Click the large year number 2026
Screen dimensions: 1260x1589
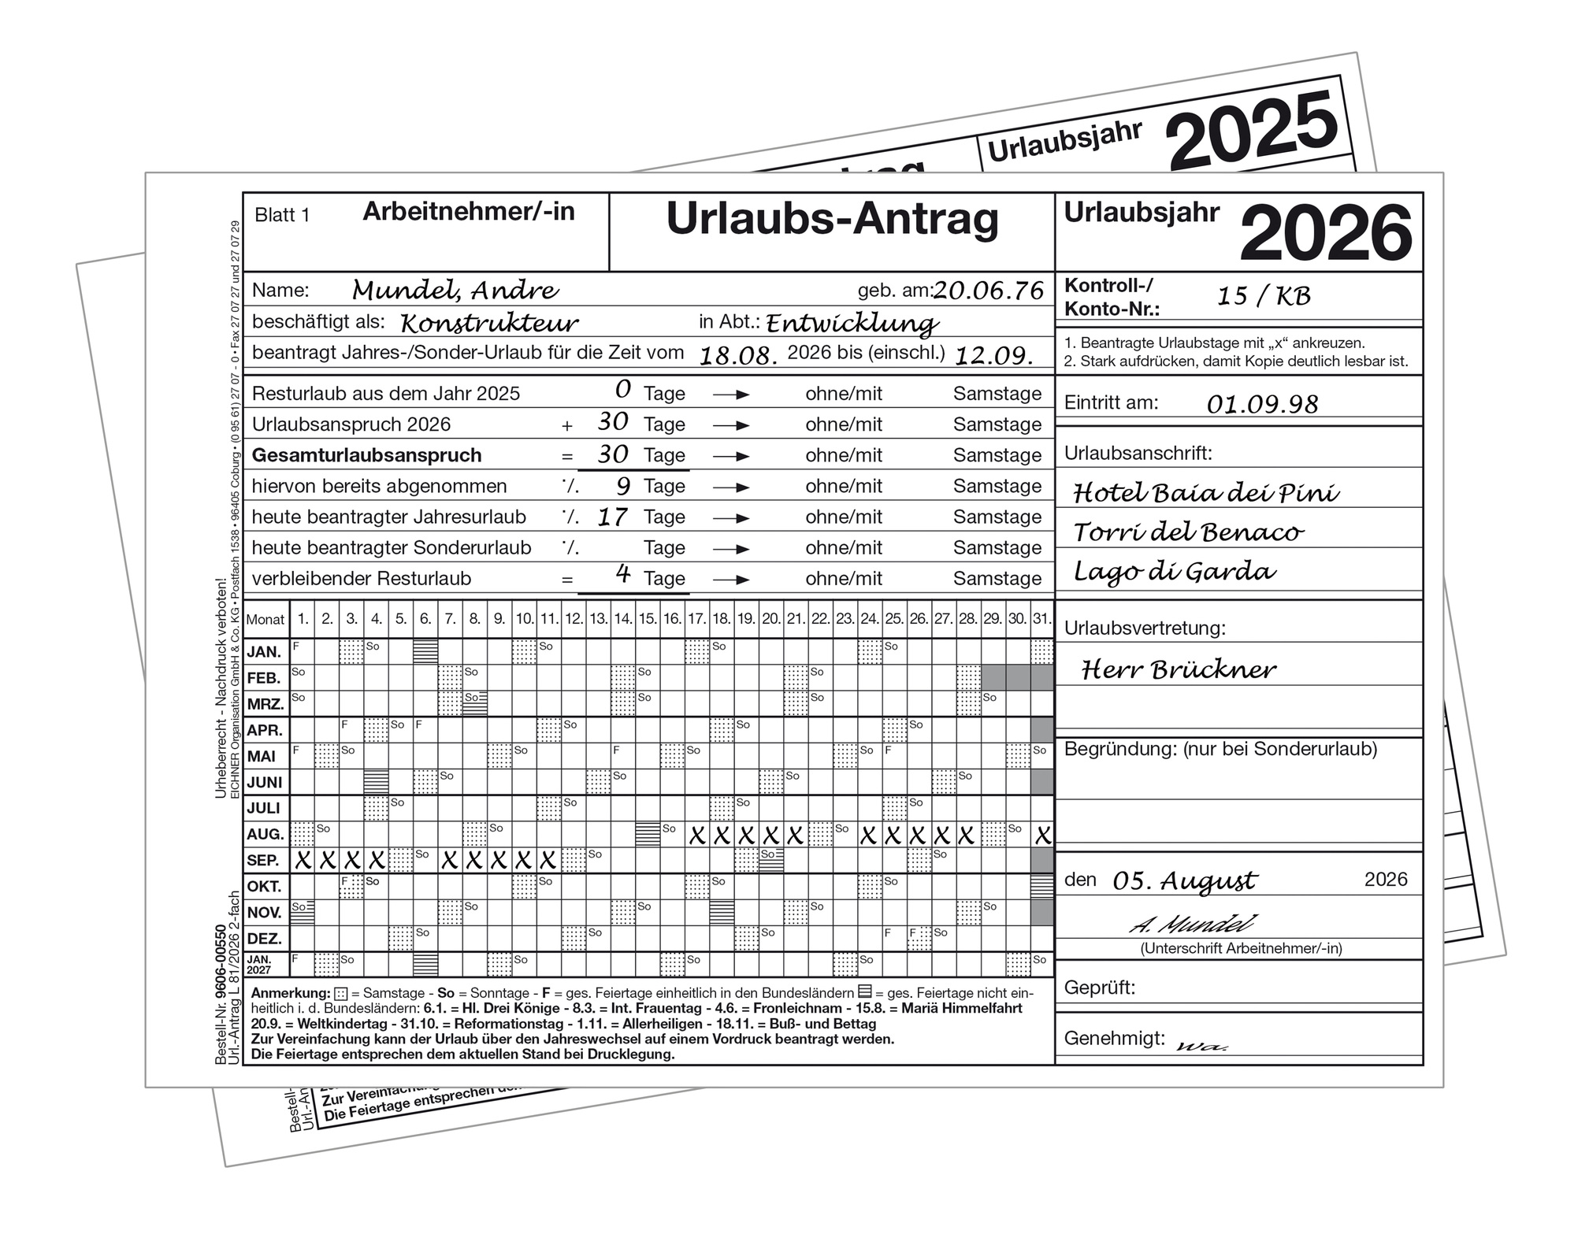click(x=1325, y=233)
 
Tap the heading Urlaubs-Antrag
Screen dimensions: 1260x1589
click(x=832, y=219)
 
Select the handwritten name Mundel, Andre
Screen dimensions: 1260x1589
click(x=455, y=291)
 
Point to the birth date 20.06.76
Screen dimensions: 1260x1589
click(x=989, y=291)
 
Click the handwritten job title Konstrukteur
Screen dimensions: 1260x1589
click(x=489, y=323)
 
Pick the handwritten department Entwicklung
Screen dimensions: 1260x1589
click(x=852, y=324)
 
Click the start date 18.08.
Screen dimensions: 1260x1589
click(x=738, y=356)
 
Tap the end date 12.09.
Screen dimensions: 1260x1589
click(x=993, y=356)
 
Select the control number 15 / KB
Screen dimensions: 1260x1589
click(x=1264, y=296)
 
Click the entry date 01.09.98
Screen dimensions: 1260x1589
click(x=1262, y=405)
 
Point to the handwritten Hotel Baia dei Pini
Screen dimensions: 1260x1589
click(x=1205, y=494)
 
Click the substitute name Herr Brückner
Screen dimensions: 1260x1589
click(x=1178, y=670)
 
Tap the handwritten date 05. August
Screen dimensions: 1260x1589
click(x=1184, y=881)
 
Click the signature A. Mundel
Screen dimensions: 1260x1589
click(x=1192, y=924)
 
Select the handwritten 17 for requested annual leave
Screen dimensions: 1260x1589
click(x=612, y=517)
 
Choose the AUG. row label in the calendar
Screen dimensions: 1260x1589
click(x=265, y=835)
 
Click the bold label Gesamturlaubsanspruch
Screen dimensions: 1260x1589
click(x=366, y=456)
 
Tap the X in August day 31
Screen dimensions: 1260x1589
click(x=1042, y=836)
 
